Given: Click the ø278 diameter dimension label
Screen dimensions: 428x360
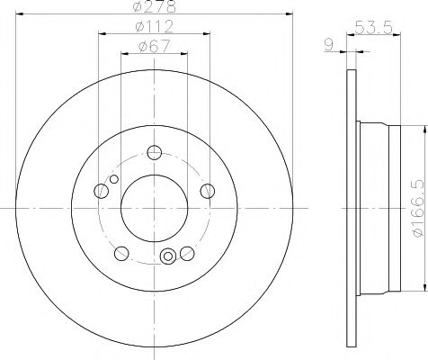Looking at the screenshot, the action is point(154,6).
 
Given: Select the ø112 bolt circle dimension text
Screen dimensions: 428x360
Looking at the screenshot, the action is point(155,27).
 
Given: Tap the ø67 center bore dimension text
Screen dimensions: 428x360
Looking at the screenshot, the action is point(155,47).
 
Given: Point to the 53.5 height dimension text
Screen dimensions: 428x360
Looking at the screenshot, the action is point(373,28).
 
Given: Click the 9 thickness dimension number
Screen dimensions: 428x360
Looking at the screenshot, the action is point(329,45).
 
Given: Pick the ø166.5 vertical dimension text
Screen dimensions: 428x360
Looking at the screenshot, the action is point(419,208).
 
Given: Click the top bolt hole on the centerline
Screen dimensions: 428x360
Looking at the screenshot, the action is point(155,152).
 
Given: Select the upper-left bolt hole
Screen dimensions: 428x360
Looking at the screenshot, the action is point(101,191).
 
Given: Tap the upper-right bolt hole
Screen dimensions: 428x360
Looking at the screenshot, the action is point(208,191).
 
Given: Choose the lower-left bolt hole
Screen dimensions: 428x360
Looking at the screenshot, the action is point(121,254).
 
